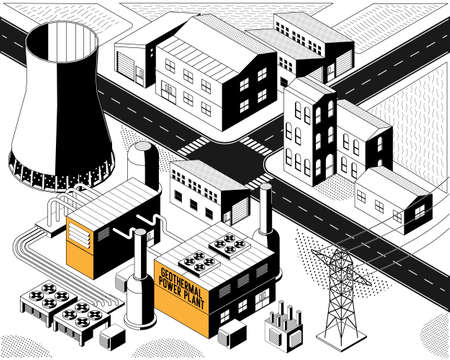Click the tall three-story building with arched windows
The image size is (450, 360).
click(x=310, y=130)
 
